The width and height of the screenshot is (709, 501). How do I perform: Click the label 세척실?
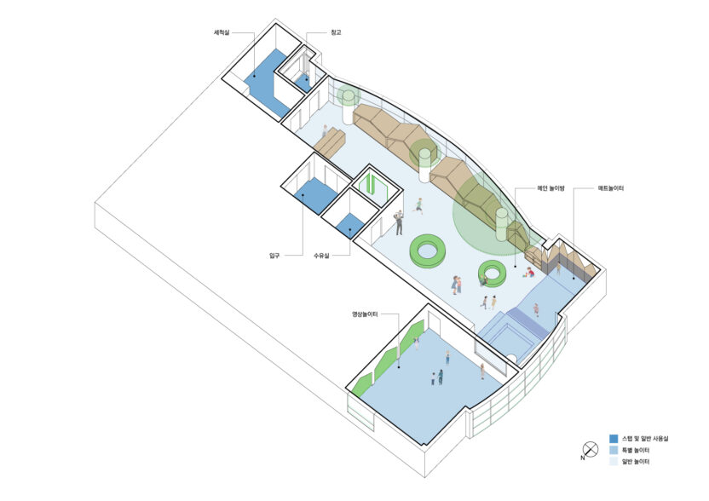(222, 32)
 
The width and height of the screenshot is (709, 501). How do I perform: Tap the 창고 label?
(336, 32)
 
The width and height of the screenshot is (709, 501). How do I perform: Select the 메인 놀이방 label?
(550, 188)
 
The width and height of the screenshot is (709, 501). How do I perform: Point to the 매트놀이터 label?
(611, 188)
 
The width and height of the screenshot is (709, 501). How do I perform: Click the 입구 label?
(274, 256)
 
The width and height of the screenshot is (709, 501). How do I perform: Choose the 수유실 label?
(321, 256)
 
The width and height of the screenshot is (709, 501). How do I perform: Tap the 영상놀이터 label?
(365, 314)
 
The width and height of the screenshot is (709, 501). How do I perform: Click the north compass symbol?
(590, 450)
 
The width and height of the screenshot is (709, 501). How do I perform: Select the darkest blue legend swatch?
(614, 439)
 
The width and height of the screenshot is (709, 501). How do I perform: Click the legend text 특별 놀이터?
(637, 451)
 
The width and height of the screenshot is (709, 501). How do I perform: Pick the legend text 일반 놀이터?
(637, 462)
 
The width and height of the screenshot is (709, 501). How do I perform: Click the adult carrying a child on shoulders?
(398, 222)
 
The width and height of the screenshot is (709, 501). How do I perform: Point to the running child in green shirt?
(419, 205)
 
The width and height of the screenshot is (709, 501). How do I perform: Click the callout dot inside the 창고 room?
(307, 79)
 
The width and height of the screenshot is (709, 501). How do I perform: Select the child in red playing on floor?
(528, 272)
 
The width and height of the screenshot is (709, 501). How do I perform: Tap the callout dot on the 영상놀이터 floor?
(399, 367)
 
